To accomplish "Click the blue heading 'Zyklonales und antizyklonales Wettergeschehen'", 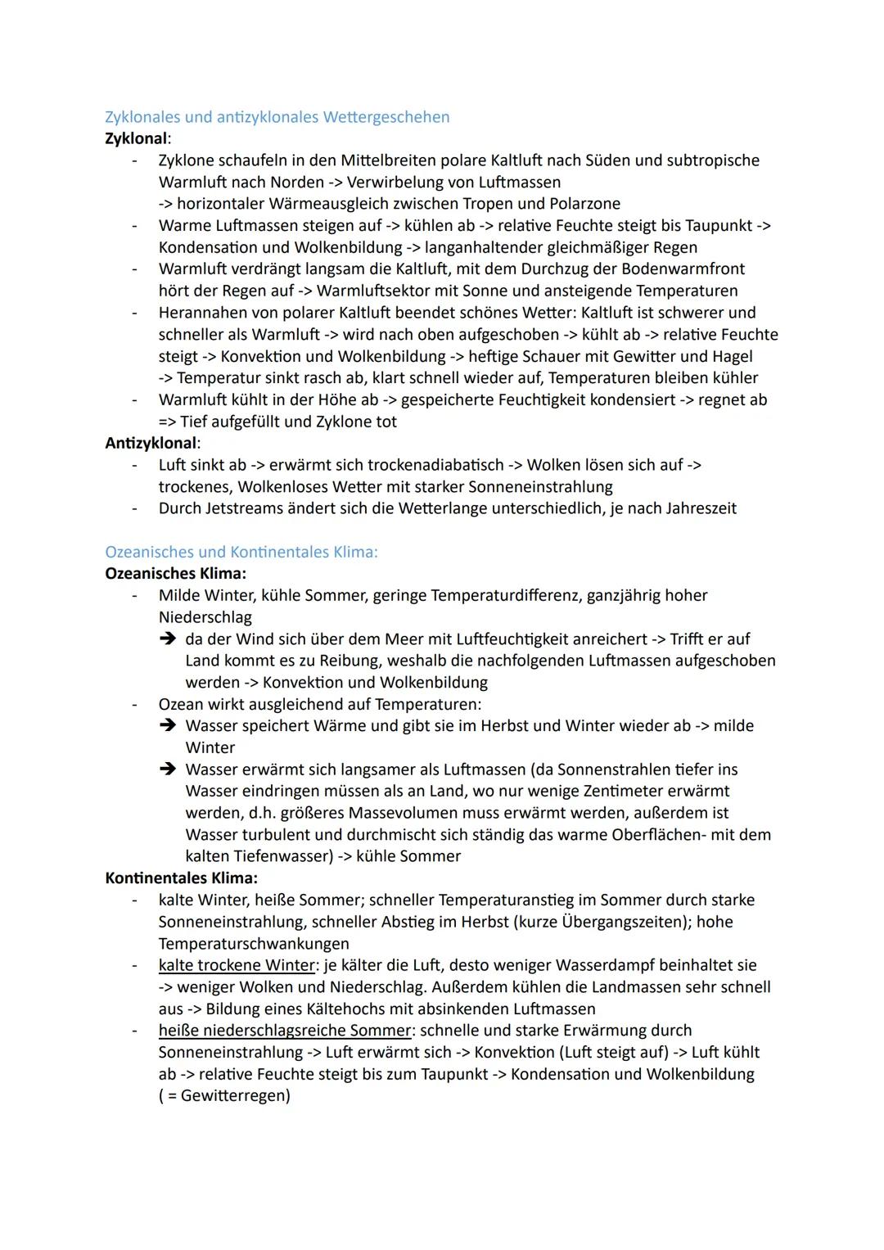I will coord(277,117).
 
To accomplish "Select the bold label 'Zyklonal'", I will coord(136,138).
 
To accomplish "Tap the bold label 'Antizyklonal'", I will coord(151,443).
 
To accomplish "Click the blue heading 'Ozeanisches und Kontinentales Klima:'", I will coord(241,552).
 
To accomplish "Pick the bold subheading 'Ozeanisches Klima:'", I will coord(175,573).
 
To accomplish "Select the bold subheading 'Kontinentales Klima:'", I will coord(181,878).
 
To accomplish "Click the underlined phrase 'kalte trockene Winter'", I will coord(237,965).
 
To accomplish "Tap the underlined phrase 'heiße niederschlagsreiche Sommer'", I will coord(285,1030).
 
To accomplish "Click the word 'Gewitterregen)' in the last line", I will coord(235,1095).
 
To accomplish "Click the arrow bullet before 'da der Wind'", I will coord(168,639).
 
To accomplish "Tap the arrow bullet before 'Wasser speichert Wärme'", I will coord(168,726).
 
